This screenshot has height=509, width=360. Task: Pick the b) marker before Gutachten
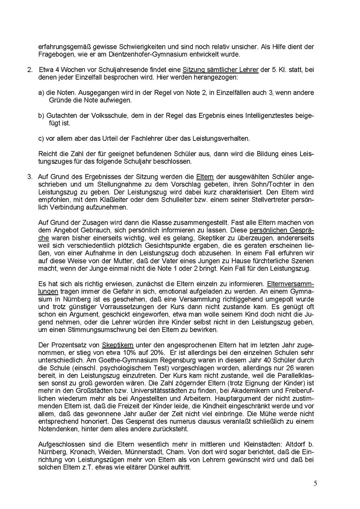41,116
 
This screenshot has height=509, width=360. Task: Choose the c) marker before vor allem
41,139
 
